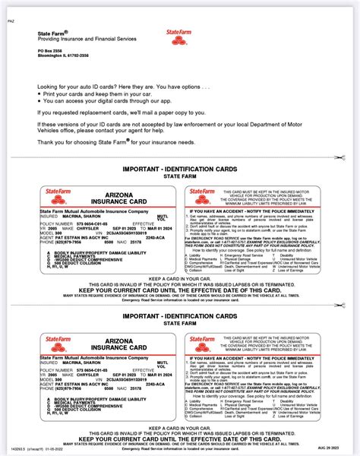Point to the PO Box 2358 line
click(x=50, y=49)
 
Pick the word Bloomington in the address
click(x=51, y=55)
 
